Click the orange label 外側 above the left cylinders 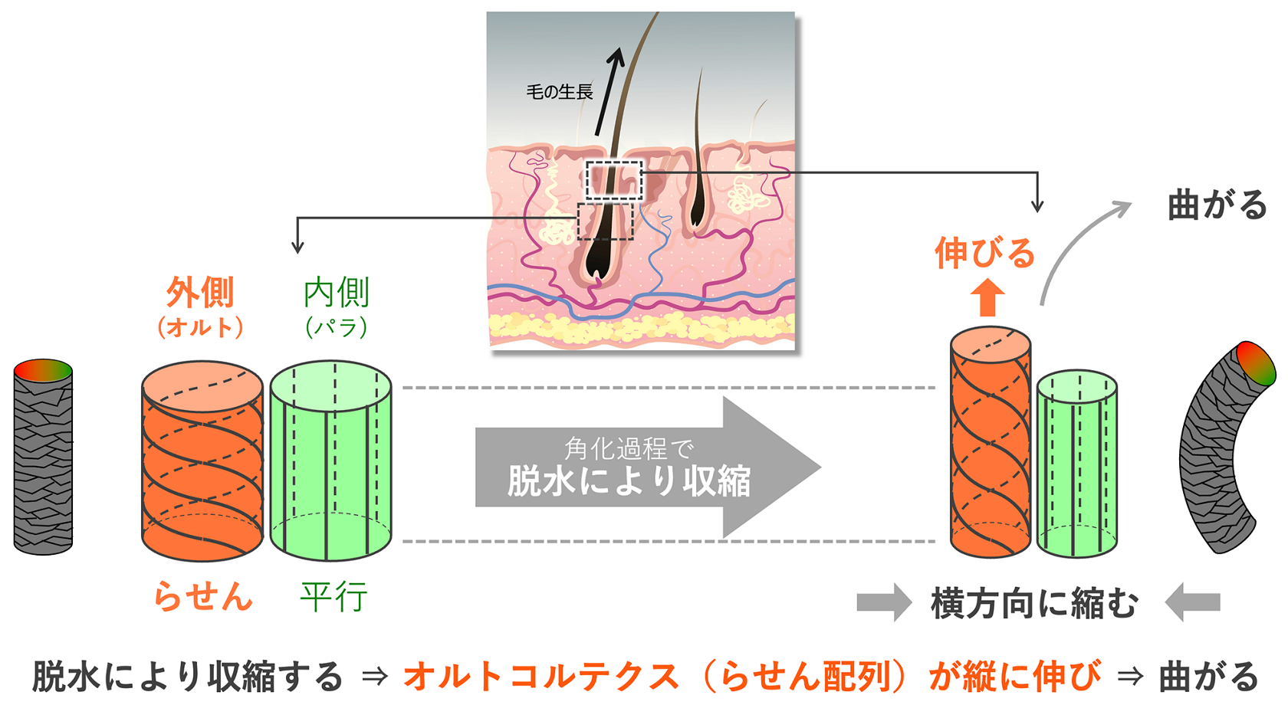[200, 293]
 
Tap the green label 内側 [336, 293]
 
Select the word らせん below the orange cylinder [202, 596]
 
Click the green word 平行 [333, 596]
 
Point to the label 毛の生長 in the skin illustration [559, 93]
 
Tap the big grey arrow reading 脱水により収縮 [629, 467]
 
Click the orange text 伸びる [984, 253]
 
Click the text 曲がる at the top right [1217, 205]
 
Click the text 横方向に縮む [1035, 603]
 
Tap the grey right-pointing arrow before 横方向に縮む [883, 602]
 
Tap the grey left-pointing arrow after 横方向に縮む [1193, 602]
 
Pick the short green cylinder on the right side [1076, 464]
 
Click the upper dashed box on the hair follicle [613, 180]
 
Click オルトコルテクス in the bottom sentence [540, 677]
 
